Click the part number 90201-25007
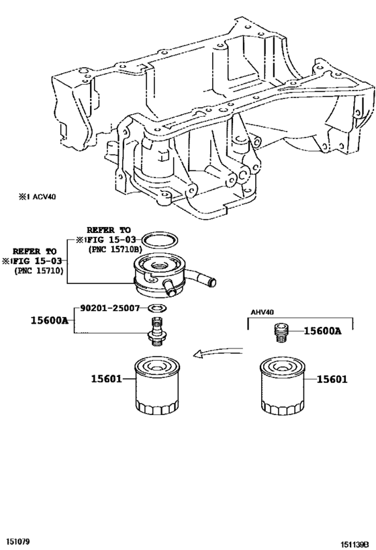click(x=110, y=308)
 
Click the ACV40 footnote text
click(x=37, y=197)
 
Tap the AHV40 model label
click(x=263, y=312)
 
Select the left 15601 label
click(x=106, y=379)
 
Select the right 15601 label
click(x=332, y=379)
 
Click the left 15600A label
click(x=50, y=320)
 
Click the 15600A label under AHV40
click(x=322, y=330)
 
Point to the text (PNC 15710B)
click(x=114, y=249)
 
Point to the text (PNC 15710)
click(x=39, y=271)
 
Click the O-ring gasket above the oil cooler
click(x=160, y=240)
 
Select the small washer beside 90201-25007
click(x=157, y=308)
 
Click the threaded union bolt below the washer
click(x=156, y=332)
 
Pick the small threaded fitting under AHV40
click(x=280, y=333)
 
